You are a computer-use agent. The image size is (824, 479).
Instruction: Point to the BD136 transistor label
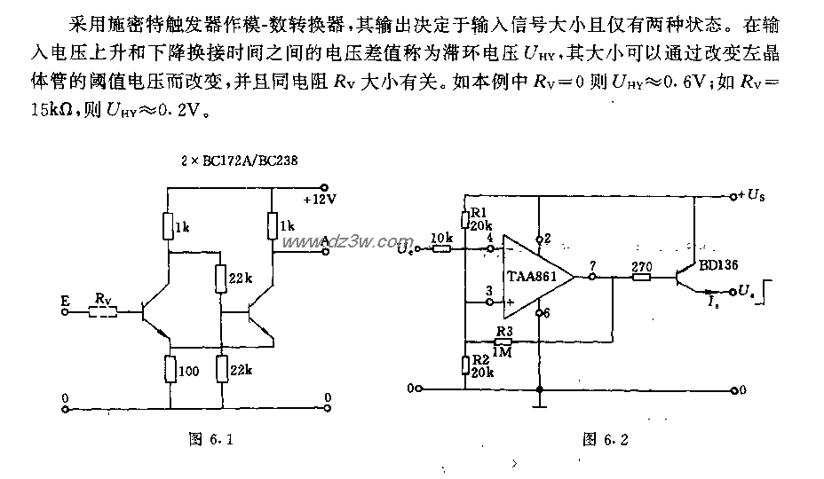[x=717, y=263]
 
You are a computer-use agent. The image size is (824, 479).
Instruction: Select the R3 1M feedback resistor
[x=504, y=339]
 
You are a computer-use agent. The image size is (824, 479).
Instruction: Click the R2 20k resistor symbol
[x=464, y=364]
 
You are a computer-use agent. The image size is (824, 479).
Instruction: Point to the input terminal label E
[x=65, y=302]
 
